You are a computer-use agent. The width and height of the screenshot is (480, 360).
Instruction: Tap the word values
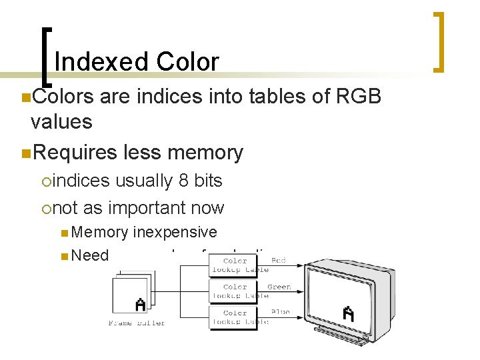click(x=61, y=122)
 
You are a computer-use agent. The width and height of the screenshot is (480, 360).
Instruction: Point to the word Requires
click(x=75, y=153)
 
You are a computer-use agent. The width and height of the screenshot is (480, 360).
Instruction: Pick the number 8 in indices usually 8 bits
click(x=183, y=181)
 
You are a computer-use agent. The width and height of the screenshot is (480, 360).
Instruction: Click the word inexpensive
click(x=175, y=232)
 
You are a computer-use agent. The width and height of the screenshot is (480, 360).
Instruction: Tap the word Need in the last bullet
click(x=90, y=255)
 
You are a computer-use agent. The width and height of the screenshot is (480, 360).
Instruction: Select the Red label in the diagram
click(x=279, y=261)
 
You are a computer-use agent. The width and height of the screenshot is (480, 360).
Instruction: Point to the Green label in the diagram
click(x=279, y=287)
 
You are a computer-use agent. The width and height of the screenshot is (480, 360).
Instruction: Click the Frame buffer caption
click(x=137, y=323)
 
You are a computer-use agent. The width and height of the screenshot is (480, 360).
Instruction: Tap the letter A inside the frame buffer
click(x=140, y=304)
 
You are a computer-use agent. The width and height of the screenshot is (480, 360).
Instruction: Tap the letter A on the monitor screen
click(x=348, y=313)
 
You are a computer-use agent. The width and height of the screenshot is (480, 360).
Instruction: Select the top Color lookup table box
click(x=240, y=265)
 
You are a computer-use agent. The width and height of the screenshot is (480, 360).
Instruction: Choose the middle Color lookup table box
click(x=240, y=291)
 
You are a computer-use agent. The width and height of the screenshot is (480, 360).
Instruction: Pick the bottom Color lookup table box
click(x=240, y=317)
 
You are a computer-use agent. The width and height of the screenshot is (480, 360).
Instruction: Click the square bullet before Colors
click(x=25, y=98)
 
